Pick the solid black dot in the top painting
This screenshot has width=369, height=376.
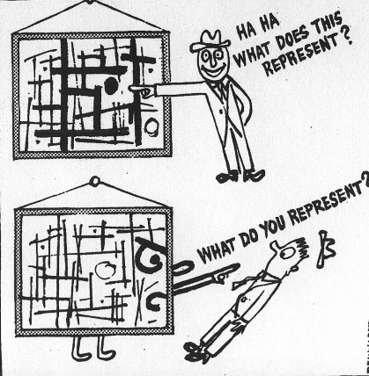(110, 85)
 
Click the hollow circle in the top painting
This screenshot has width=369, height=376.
(152, 127)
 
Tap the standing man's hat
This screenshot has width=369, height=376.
(210, 42)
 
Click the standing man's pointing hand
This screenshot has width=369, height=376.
(142, 90)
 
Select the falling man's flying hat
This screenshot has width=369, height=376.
(325, 249)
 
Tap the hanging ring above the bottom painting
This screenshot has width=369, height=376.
(94, 182)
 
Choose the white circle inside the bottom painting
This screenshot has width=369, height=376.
(105, 271)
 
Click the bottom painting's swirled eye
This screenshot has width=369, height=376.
(150, 255)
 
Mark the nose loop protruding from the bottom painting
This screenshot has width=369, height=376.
(182, 267)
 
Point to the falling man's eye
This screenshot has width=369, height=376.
(286, 253)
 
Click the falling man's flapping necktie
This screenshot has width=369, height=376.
(245, 282)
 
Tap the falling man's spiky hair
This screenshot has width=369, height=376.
(301, 249)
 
